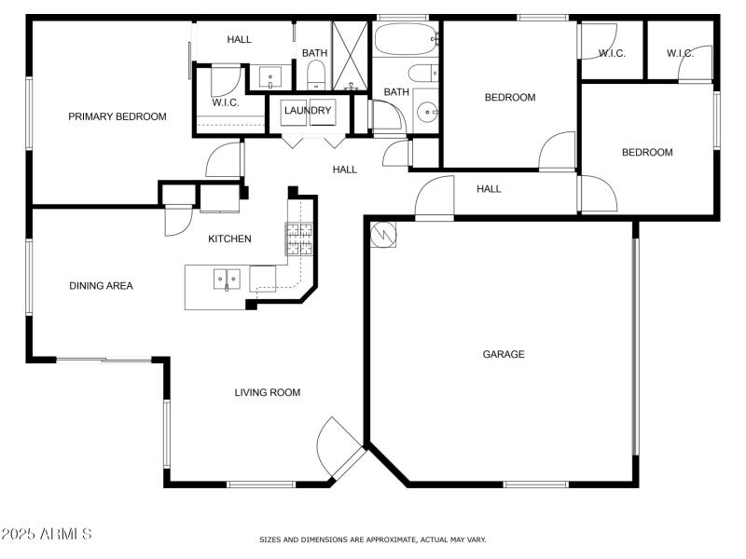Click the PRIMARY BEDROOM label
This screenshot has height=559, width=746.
tap(117, 116)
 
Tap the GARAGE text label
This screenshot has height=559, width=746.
tap(503, 354)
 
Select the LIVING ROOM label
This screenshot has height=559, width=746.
tap(267, 392)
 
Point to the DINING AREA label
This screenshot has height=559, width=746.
tap(101, 286)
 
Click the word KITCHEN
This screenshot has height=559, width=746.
tap(229, 239)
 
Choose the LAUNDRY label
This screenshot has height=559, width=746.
tap(308, 111)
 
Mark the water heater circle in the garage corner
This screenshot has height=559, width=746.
tap(382, 235)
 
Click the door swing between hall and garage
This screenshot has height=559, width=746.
tap(433, 198)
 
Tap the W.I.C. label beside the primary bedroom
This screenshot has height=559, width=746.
tap(226, 102)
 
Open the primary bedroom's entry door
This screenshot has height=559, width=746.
tap(225, 160)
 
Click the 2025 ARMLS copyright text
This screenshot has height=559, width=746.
tap(47, 535)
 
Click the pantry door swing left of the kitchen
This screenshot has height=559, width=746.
tap(176, 220)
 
